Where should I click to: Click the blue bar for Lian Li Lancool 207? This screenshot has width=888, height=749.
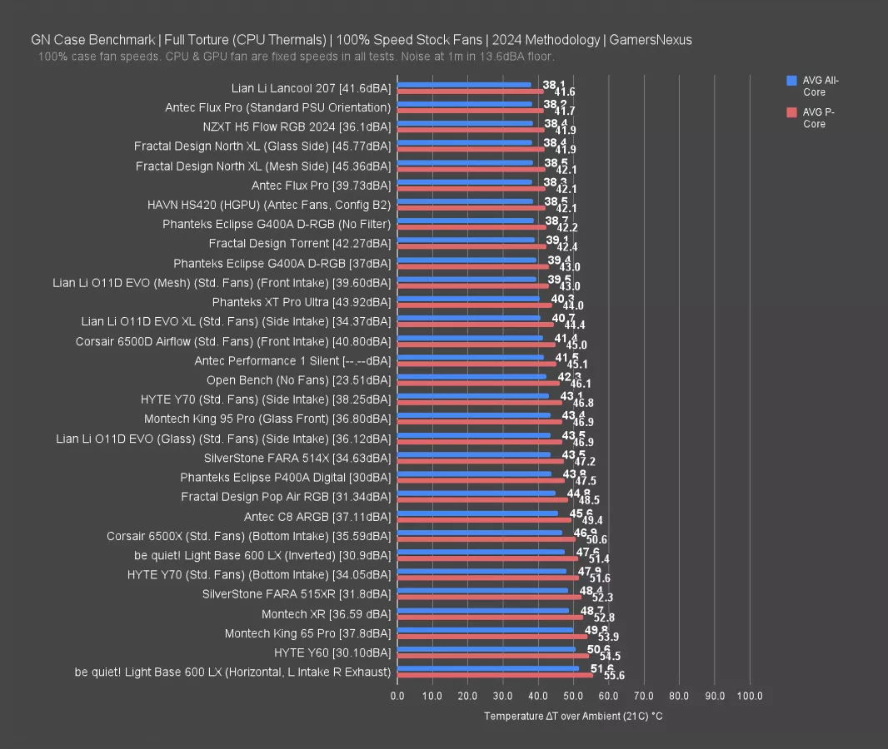pyautogui.click(x=464, y=84)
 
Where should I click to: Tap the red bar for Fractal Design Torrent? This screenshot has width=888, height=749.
pyautogui.click(x=471, y=246)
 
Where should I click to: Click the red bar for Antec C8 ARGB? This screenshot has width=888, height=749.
pyautogui.click(x=484, y=519)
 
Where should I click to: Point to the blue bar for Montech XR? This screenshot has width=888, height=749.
pyautogui.click(x=483, y=611)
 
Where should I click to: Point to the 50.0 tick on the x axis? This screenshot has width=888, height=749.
pyautogui.click(x=573, y=696)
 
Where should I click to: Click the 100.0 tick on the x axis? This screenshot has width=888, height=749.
pyautogui.click(x=750, y=696)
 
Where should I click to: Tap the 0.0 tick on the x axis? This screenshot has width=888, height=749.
pyautogui.click(x=397, y=696)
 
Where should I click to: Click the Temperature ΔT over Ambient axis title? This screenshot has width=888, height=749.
pyautogui.click(x=573, y=717)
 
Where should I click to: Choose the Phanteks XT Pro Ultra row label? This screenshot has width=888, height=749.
pyautogui.click(x=301, y=301)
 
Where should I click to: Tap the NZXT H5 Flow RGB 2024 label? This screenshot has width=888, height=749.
pyautogui.click(x=297, y=126)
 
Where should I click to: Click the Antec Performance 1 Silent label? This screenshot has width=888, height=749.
pyautogui.click(x=292, y=361)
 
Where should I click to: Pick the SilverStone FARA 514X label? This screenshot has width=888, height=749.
pyautogui.click(x=297, y=458)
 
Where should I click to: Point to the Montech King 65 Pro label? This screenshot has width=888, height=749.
pyautogui.click(x=307, y=633)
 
